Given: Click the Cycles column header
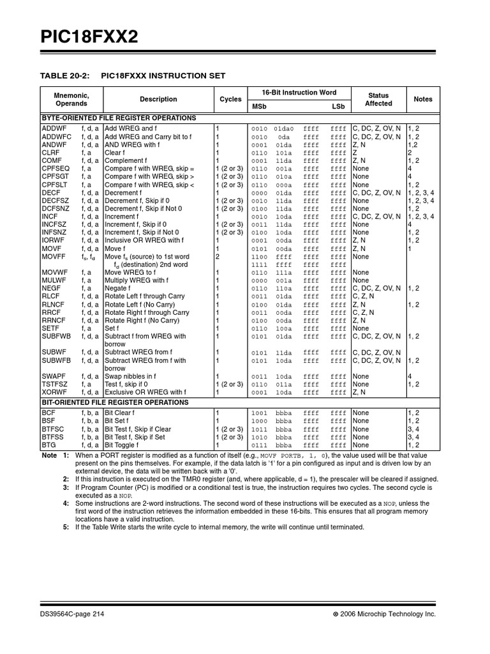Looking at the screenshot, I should [x=230, y=99].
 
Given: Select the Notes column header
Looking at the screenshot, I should [x=422, y=99].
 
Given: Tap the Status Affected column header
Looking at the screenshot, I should [x=378, y=99].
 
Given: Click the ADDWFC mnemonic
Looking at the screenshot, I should [x=57, y=137].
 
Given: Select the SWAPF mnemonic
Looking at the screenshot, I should [x=55, y=376].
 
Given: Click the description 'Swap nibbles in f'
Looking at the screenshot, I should [x=130, y=376].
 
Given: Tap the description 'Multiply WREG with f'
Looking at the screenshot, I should [x=137, y=280].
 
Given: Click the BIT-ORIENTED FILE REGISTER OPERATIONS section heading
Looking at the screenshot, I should [x=115, y=402].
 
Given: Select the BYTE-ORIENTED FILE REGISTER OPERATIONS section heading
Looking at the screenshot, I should [x=118, y=118].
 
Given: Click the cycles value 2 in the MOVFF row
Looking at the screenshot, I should [x=218, y=257].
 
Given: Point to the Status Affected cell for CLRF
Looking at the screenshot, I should [x=355, y=153].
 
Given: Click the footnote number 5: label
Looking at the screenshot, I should [x=66, y=527].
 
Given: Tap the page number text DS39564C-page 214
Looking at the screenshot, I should [x=71, y=613].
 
